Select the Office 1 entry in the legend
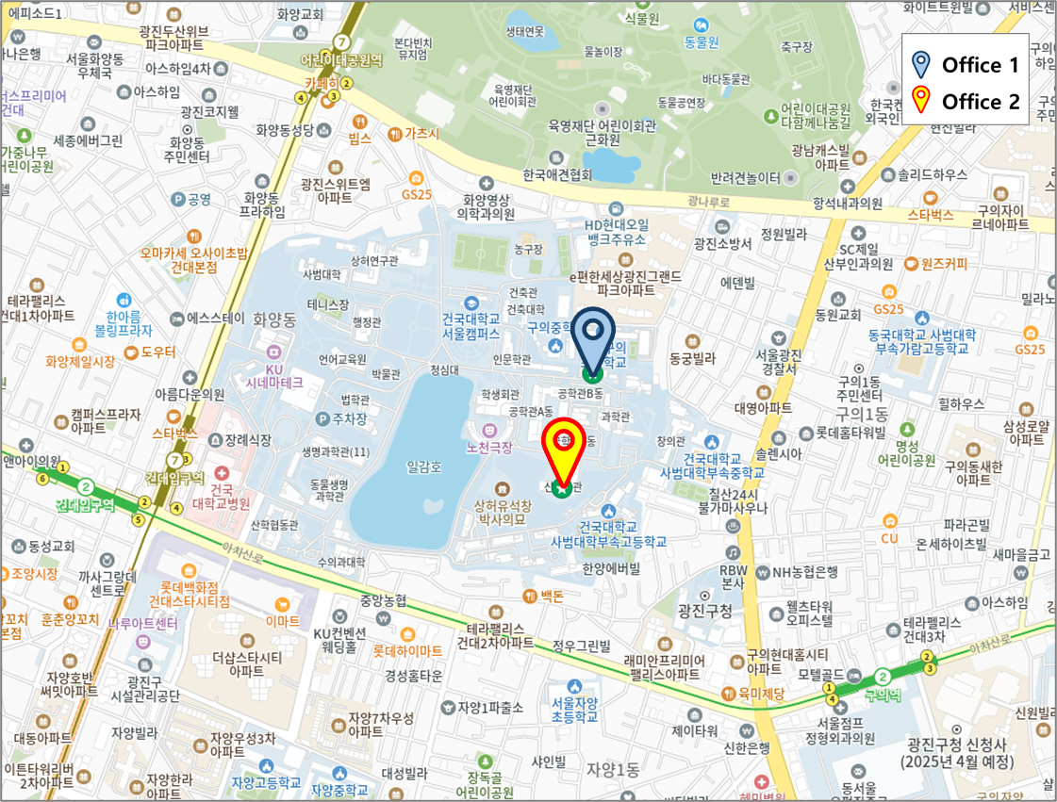coord(965,65)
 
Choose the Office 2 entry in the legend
coord(965,102)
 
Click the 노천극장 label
coord(488,448)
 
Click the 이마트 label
coord(283,621)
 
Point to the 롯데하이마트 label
coord(406,651)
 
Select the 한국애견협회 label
coord(556,175)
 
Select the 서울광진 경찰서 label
coord(778,361)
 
